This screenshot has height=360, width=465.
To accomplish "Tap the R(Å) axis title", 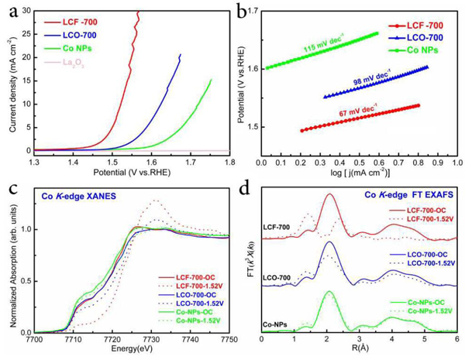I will coord(359,350).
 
